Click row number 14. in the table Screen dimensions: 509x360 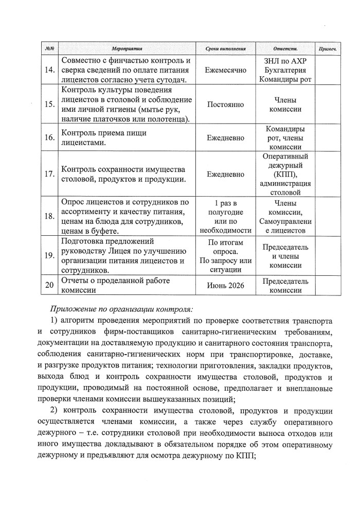click(50, 71)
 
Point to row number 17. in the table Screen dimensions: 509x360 click(50, 174)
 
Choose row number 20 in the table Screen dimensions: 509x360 click(50, 285)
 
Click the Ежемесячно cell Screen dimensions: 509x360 click(225, 71)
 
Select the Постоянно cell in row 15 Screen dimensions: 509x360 click(225, 104)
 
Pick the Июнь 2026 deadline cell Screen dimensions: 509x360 click(225, 285)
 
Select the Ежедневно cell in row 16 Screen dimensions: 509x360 click(225, 138)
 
